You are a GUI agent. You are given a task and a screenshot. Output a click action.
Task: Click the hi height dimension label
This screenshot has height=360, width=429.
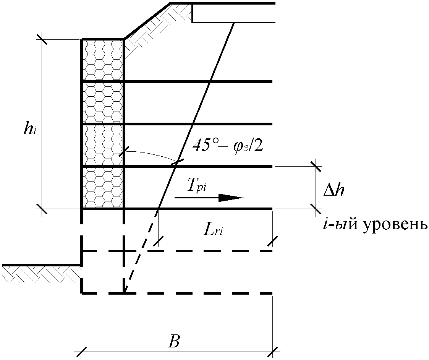[30, 129]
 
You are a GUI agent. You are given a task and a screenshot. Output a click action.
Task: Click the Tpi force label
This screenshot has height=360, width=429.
[197, 186]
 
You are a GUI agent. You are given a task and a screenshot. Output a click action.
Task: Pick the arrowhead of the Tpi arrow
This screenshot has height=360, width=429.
[231, 197]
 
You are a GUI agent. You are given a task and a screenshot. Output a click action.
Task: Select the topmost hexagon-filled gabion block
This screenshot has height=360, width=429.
[103, 60]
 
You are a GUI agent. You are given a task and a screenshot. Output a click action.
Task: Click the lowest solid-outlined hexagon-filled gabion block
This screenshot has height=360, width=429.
[103, 188]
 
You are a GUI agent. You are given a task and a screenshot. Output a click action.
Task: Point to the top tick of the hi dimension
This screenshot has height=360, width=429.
[42, 39]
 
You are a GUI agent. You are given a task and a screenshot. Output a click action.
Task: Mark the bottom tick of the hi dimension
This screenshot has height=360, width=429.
[42, 209]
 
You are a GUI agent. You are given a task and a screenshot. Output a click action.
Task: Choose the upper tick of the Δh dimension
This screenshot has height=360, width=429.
[316, 166]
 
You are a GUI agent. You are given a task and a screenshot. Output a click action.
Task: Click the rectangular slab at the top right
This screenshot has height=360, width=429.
[233, 13]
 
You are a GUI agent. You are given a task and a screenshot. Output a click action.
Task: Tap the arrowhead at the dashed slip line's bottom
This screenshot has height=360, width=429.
[126, 290]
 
